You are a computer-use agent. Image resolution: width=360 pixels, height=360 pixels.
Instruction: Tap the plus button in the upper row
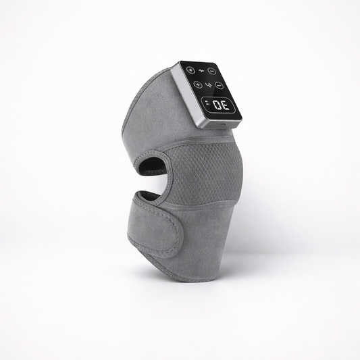click(x=190, y=70)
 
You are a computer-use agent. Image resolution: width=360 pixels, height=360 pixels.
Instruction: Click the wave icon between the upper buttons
click(x=201, y=70)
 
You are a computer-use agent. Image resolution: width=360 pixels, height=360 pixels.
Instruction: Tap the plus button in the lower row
click(x=197, y=84)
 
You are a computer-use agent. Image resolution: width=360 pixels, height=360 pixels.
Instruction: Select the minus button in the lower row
click(x=220, y=86)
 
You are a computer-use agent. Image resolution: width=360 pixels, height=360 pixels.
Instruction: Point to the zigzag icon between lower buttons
click(x=208, y=85)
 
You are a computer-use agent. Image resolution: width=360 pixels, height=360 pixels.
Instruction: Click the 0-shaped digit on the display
click(x=217, y=105)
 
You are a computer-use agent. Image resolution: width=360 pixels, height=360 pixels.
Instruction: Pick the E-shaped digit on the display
click(x=225, y=106)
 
